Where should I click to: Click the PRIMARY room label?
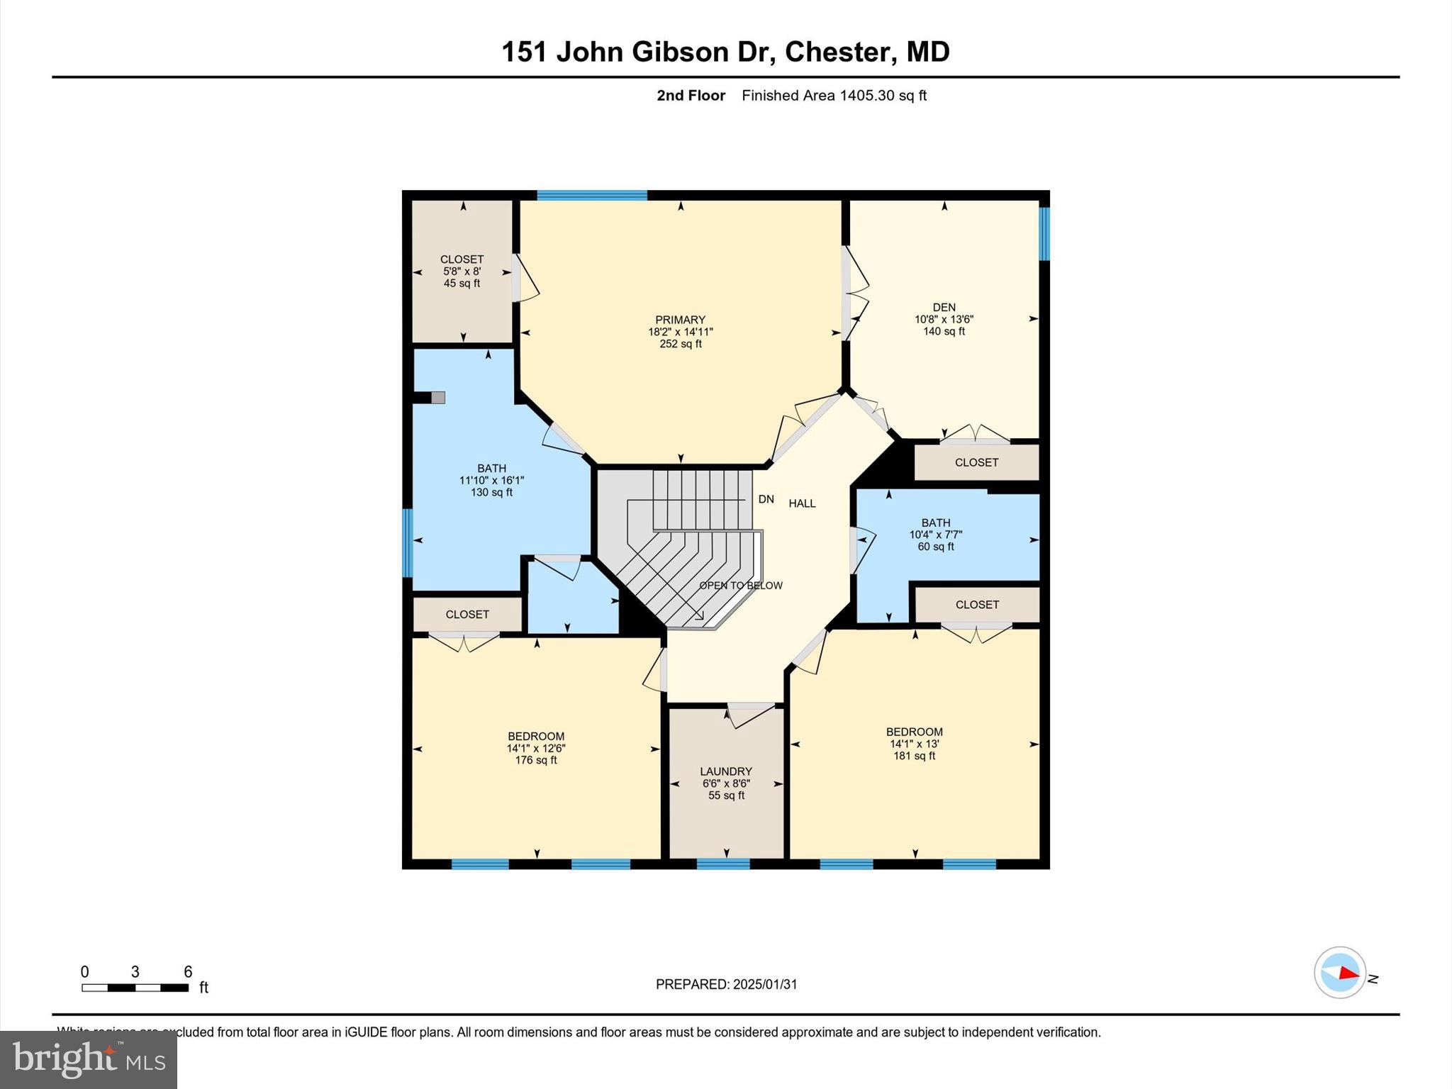(x=680, y=320)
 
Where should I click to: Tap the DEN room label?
(x=944, y=307)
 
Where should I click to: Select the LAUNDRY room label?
(x=725, y=771)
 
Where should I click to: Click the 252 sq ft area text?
(x=680, y=344)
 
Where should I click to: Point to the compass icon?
(x=1339, y=973)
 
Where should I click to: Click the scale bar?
(x=135, y=988)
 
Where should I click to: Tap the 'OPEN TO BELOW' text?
(x=741, y=586)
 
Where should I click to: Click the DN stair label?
(x=766, y=499)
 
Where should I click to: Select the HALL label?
(x=802, y=503)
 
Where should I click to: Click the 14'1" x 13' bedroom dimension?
(x=914, y=744)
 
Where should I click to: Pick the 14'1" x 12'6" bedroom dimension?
(x=536, y=748)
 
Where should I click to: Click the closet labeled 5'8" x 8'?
(x=462, y=271)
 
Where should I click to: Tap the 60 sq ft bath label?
(x=935, y=547)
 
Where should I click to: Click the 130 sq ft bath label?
(x=491, y=492)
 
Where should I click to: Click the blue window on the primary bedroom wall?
(x=592, y=196)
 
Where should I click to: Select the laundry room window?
(x=722, y=864)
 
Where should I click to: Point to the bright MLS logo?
(x=89, y=1059)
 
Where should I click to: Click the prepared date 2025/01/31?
(x=726, y=984)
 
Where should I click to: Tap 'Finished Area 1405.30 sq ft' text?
(x=834, y=96)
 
